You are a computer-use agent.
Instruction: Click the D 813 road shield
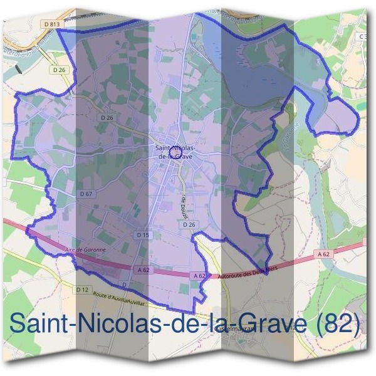click(53, 24)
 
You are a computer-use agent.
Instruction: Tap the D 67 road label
click(86, 194)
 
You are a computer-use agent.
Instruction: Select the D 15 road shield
click(143, 234)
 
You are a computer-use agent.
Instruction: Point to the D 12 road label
click(82, 290)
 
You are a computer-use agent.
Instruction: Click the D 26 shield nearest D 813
click(59, 70)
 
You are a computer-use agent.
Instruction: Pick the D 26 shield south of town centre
click(191, 224)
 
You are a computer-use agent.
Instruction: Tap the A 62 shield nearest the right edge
click(323, 254)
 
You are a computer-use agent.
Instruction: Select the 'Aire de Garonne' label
click(85, 249)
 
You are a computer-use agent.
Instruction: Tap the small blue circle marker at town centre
click(177, 149)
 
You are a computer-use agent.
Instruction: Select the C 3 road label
click(363, 37)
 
